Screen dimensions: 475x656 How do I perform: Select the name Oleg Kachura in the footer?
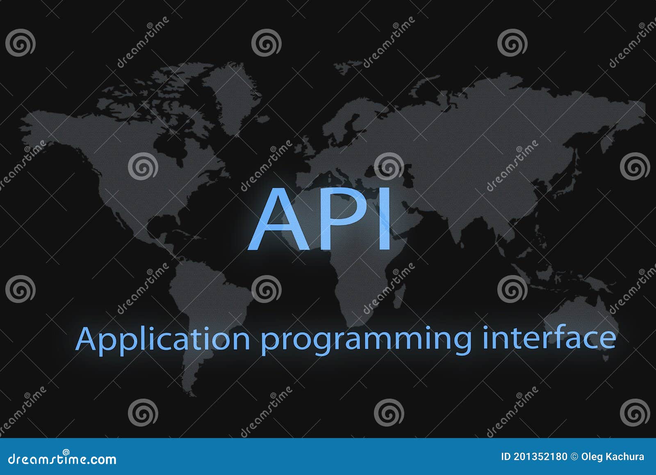[613, 457]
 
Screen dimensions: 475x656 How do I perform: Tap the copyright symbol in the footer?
[574, 457]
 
